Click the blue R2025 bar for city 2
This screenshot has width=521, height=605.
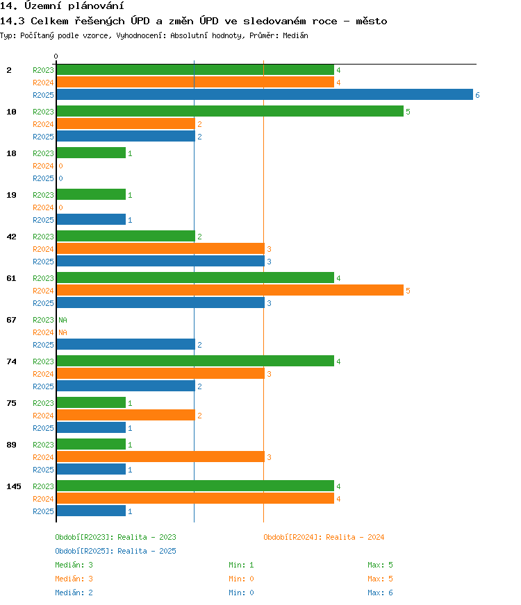tap(265, 94)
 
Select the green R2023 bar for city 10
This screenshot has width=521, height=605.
tap(230, 111)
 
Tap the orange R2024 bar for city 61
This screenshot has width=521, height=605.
tap(230, 290)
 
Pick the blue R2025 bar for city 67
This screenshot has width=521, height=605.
tap(126, 344)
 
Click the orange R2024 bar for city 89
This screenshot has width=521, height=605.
tap(160, 457)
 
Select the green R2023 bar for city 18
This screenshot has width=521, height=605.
tap(91, 153)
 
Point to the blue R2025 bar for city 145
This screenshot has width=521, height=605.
tap(91, 511)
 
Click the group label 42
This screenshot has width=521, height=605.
tap(12, 237)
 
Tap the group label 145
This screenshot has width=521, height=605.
tap(14, 486)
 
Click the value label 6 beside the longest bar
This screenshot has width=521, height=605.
tap(477, 95)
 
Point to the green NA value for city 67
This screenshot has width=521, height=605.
tap(63, 320)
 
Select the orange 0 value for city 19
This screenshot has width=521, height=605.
tap(60, 207)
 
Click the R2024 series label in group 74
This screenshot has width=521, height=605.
tap(43, 374)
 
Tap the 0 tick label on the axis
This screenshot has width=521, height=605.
tap(56, 56)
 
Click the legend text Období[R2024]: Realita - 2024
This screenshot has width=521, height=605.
tap(324, 537)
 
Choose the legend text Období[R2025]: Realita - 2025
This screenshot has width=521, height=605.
tap(115, 551)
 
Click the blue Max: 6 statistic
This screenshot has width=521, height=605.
tap(380, 593)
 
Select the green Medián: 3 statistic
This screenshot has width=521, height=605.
tap(74, 565)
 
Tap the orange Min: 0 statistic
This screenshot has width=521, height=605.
tap(241, 579)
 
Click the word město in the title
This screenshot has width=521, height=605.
tap(371, 21)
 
